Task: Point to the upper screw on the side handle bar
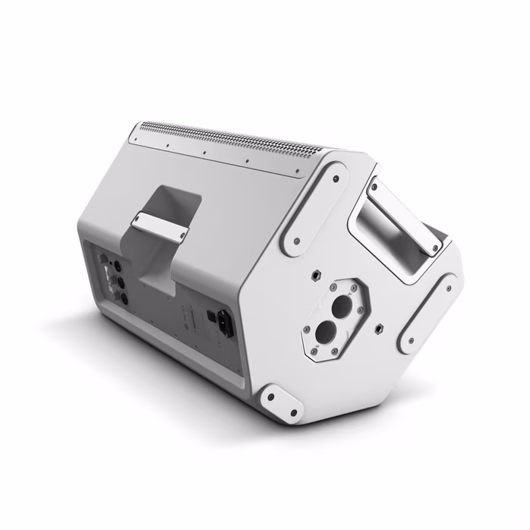(375, 185)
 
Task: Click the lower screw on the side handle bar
(435, 248)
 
